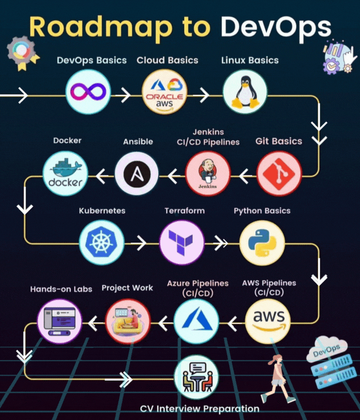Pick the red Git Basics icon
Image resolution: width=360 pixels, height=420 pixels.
tap(279, 173)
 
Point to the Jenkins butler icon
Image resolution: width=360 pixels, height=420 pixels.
tap(208, 173)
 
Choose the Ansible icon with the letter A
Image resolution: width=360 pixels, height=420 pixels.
tap(136, 173)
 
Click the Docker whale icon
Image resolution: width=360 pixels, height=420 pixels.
tap(66, 173)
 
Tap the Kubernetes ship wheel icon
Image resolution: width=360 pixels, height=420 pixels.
tap(102, 242)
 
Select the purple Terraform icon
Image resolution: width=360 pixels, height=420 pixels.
tap(182, 242)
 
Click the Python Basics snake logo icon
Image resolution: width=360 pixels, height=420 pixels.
tap(262, 242)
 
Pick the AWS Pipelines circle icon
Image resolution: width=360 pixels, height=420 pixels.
tap(268, 318)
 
